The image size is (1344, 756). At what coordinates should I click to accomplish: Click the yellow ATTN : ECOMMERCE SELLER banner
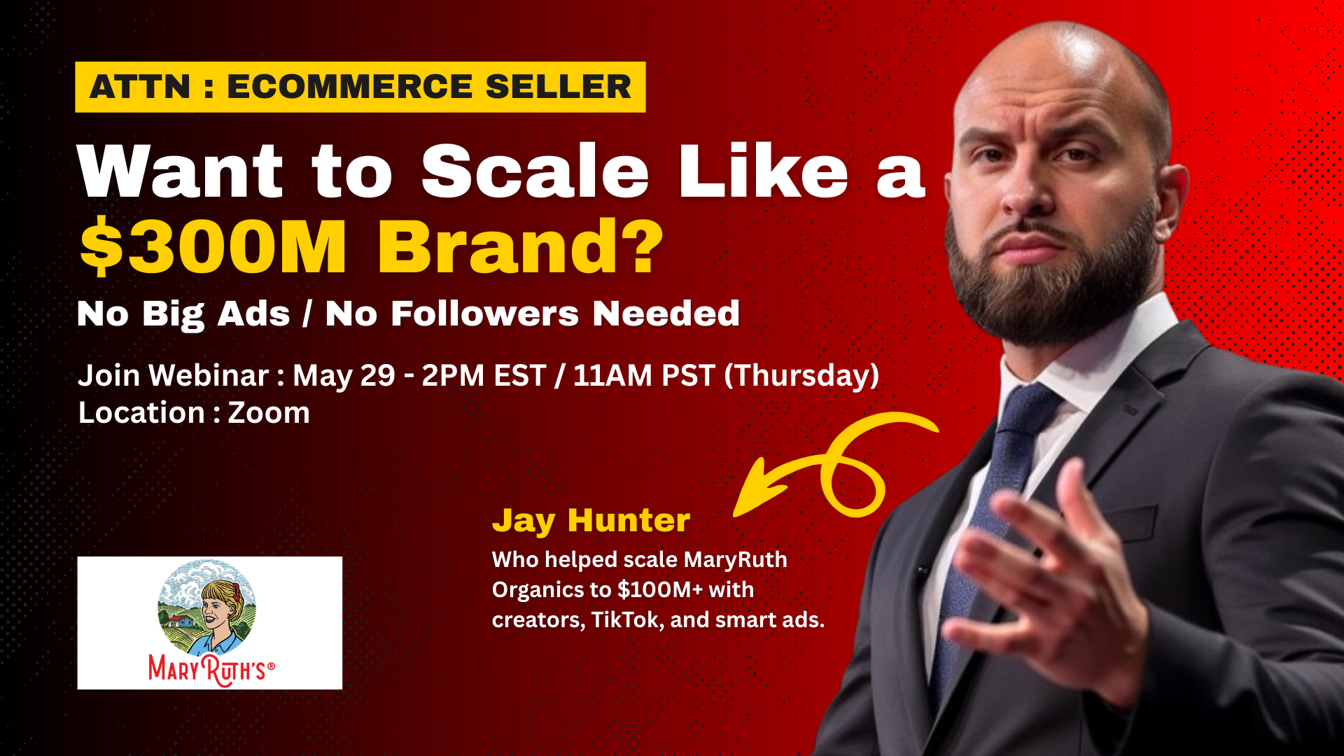coord(360,87)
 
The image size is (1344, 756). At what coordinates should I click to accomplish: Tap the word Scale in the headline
coord(535,171)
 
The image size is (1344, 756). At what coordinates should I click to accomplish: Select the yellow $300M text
coord(213,246)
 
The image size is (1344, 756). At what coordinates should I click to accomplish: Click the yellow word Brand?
coord(520,246)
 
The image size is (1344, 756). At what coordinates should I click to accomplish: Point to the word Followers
coord(484,313)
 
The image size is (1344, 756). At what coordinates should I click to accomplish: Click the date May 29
coord(344,376)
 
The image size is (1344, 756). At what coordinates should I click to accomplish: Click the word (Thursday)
coord(801,376)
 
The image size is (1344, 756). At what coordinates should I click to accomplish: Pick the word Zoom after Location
coord(269,413)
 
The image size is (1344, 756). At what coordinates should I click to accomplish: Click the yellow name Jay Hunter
coord(591,521)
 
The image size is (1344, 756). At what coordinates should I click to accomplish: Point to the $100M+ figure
coord(660,589)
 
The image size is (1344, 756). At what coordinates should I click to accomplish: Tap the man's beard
coord(1050,280)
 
